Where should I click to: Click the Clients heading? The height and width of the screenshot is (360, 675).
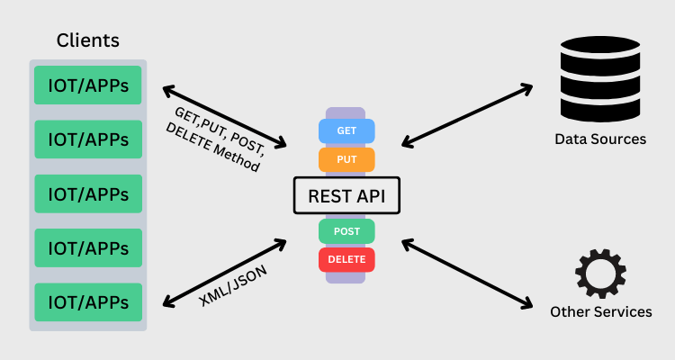click(87, 40)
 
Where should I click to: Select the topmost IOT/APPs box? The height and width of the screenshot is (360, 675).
click(88, 85)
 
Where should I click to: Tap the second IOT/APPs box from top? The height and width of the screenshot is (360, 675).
click(88, 139)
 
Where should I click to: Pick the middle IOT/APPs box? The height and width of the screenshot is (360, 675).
click(88, 193)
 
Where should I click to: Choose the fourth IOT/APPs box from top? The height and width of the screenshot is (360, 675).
click(88, 247)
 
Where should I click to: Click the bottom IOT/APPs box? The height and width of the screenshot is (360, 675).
click(88, 301)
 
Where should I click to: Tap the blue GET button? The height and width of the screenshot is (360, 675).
click(346, 130)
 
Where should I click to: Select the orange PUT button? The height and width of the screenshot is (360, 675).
click(346, 159)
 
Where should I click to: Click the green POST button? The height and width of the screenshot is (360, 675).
click(346, 231)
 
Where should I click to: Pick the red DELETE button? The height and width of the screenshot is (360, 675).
click(346, 260)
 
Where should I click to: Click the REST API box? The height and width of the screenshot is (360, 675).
click(346, 195)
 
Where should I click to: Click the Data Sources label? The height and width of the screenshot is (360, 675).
click(600, 139)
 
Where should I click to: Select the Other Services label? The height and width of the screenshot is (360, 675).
click(600, 312)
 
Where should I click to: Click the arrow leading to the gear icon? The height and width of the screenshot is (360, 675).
click(467, 274)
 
